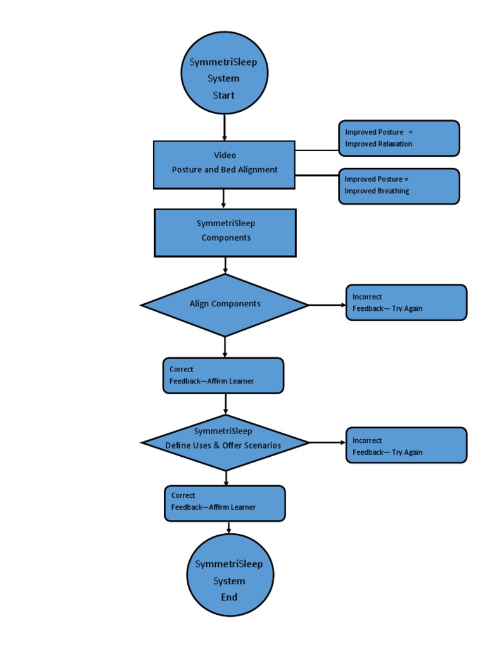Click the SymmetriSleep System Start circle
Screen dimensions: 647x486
coord(224,73)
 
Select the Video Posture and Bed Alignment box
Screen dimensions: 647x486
coord(224,164)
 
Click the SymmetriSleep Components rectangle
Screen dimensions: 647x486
coord(225,233)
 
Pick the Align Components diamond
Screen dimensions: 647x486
coord(225,305)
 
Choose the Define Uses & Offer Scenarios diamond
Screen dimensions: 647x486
coord(225,442)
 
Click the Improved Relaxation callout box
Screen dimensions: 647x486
coord(399,138)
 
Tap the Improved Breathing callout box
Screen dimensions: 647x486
coord(399,186)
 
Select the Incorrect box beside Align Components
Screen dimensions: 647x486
coord(406,303)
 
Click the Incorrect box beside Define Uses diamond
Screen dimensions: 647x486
coord(406,445)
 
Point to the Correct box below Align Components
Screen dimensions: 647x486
coord(223,375)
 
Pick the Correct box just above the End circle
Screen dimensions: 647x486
coord(225,503)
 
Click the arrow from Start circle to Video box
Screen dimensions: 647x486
coord(225,128)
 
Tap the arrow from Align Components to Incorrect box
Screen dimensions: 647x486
coord(327,305)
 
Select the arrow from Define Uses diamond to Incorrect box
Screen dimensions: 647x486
coord(327,442)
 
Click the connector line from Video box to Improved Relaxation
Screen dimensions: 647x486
coord(316,150)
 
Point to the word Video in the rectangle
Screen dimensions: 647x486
coord(225,155)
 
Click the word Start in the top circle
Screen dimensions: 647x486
coord(223,95)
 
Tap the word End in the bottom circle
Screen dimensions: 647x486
coord(229,597)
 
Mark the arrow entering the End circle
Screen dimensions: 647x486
coord(228,528)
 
